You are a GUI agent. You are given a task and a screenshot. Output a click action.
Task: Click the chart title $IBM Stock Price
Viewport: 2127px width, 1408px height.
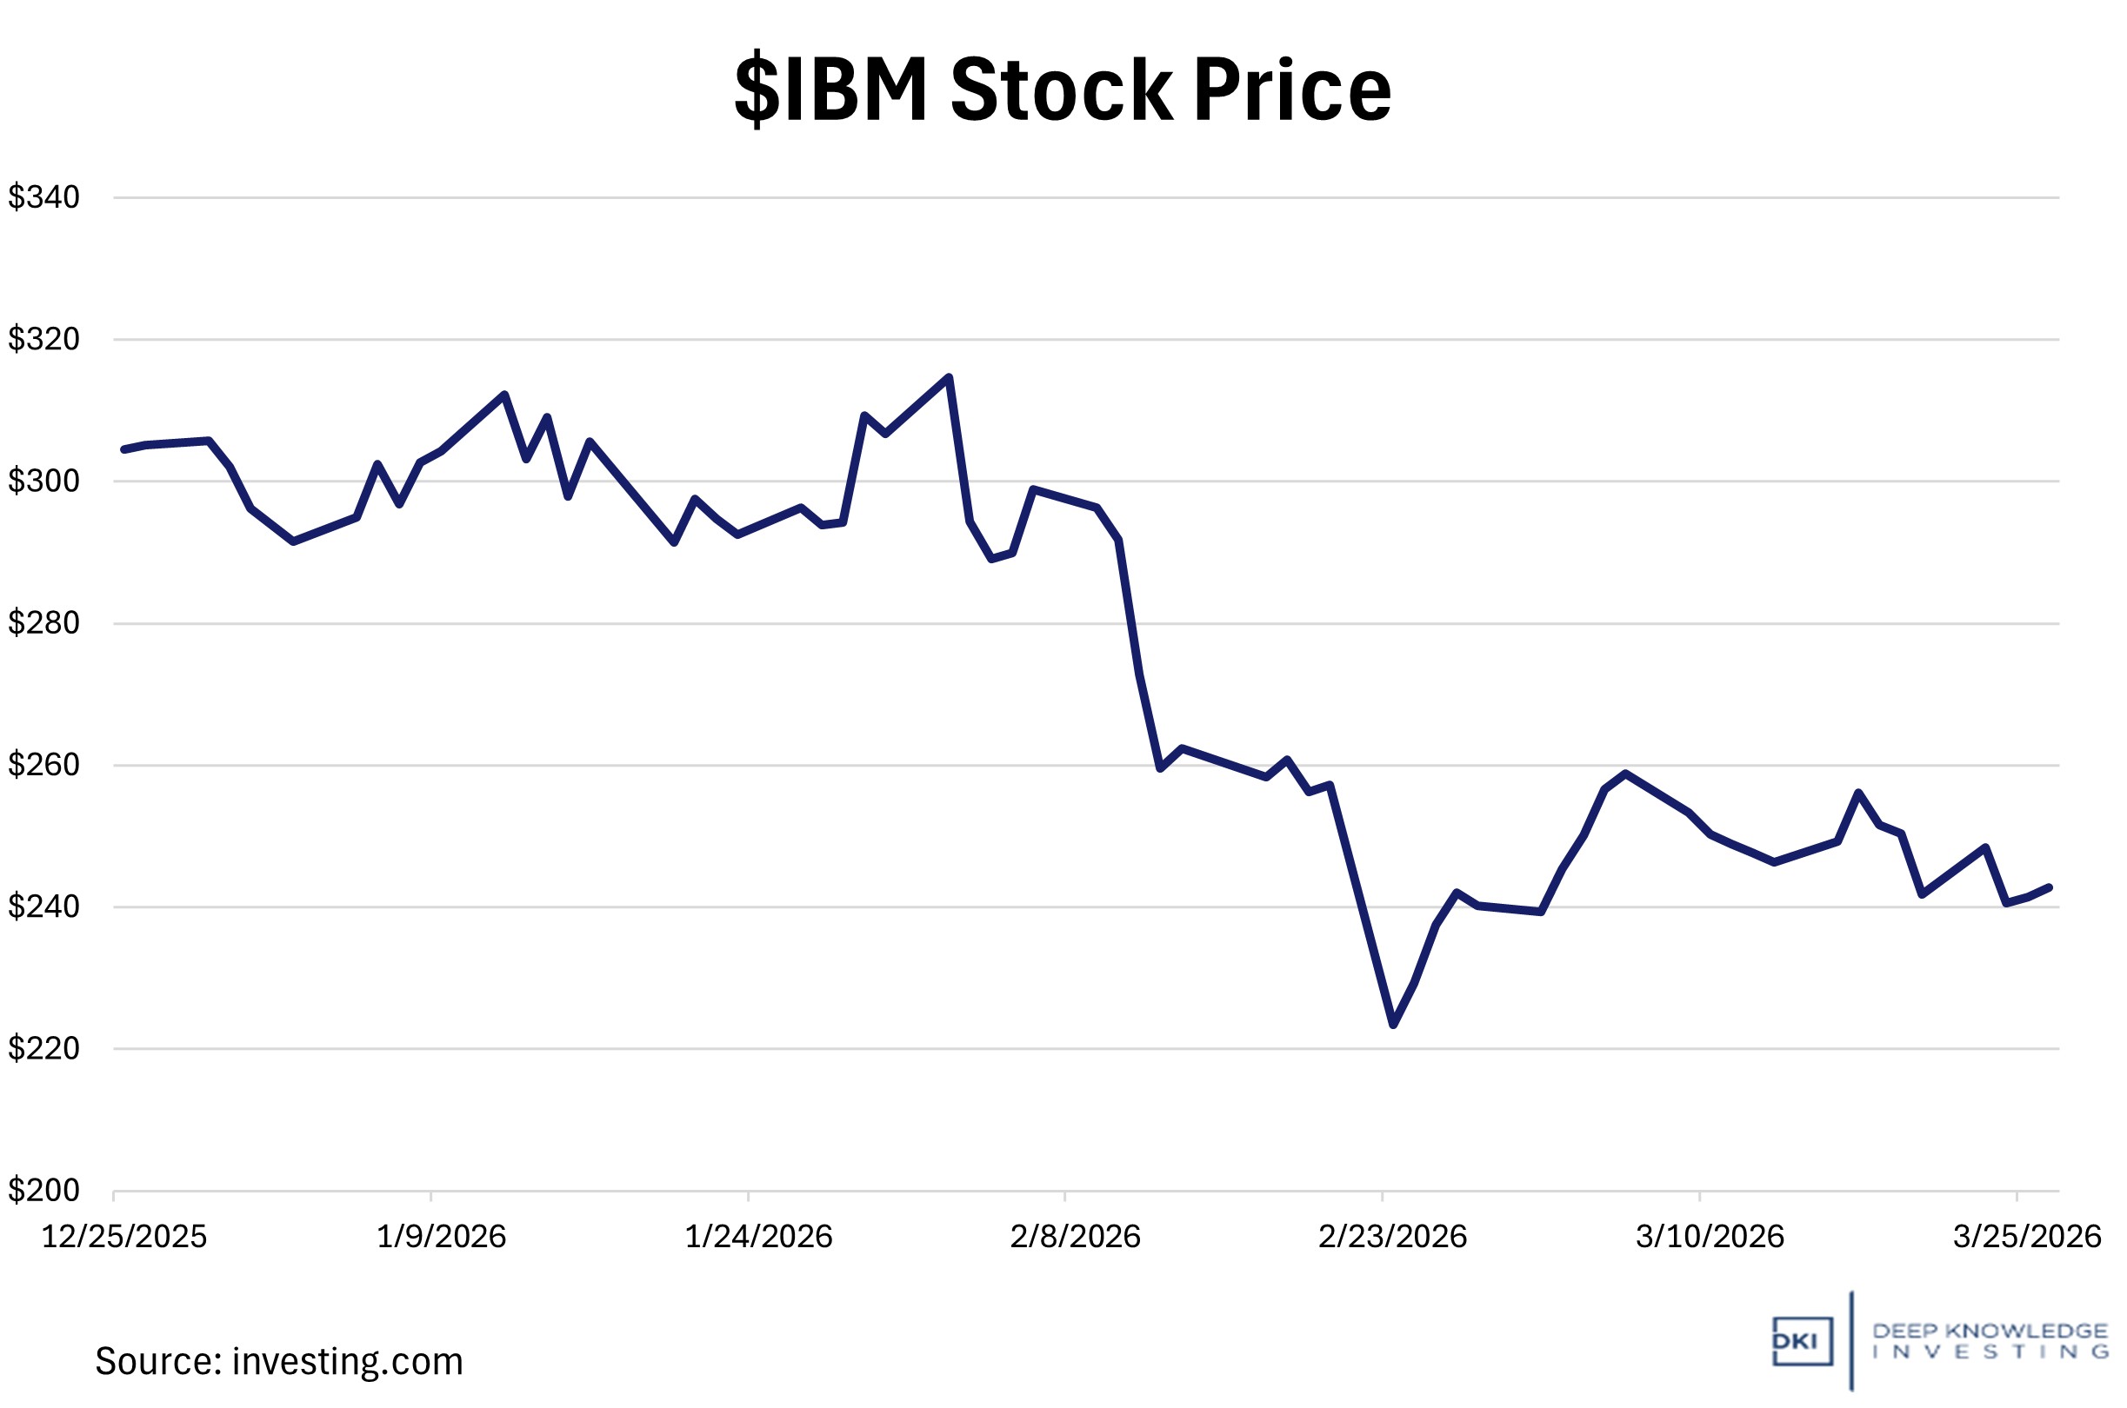(x=1063, y=90)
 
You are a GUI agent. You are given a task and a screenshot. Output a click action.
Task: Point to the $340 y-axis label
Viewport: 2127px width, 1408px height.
(x=44, y=196)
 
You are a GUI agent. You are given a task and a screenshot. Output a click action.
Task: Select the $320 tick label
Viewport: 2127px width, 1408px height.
(x=44, y=339)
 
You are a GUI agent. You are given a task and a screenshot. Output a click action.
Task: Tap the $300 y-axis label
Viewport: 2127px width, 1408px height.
(x=44, y=481)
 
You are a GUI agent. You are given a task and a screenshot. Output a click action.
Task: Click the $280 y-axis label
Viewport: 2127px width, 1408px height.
(x=44, y=622)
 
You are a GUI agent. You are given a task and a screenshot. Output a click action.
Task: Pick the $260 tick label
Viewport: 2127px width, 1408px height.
(x=44, y=764)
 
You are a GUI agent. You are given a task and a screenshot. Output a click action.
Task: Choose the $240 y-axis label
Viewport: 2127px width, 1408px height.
(x=44, y=906)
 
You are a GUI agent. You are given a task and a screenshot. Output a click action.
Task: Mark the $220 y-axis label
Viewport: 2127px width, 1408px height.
(x=44, y=1048)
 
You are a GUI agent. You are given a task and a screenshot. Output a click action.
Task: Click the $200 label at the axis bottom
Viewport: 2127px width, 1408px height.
(x=44, y=1190)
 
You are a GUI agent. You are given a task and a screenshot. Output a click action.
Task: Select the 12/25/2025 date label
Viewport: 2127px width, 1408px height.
(x=124, y=1238)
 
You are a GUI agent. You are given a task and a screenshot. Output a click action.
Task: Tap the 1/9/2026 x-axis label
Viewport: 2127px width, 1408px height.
(x=441, y=1238)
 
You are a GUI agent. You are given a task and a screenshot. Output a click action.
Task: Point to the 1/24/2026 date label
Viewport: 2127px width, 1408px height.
(x=758, y=1238)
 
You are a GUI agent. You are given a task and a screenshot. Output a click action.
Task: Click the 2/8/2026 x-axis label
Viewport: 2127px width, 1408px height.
(x=1075, y=1238)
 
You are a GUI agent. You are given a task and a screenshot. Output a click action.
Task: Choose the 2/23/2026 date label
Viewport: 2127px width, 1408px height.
(x=1392, y=1238)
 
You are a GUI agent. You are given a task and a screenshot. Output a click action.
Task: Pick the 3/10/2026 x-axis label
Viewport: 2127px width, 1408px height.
(x=1710, y=1238)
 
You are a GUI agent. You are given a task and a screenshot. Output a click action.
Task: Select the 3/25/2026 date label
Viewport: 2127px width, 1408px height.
(x=2026, y=1238)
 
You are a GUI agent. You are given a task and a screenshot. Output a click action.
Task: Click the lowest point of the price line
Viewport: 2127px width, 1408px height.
(x=1393, y=1025)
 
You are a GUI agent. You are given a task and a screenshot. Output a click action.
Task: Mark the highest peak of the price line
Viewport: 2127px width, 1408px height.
(x=949, y=377)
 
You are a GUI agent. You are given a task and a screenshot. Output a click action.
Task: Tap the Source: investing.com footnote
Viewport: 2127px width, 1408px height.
(x=279, y=1362)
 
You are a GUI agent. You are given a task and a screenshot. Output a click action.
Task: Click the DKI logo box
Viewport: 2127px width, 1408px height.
(x=1802, y=1342)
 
